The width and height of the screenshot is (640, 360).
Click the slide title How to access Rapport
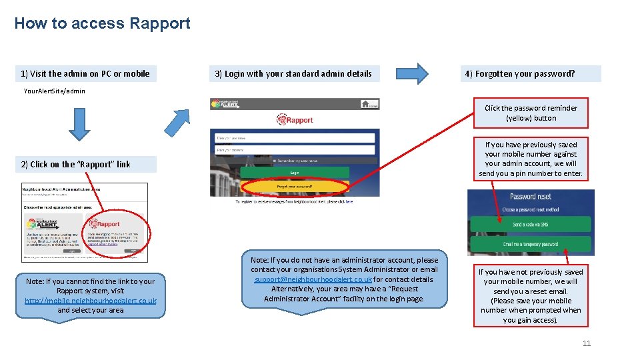102,24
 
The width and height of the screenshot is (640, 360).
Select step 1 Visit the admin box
85,73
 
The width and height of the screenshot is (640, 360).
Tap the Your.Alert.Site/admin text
55,91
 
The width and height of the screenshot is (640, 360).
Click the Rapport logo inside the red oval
106,224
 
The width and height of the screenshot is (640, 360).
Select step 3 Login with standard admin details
294,73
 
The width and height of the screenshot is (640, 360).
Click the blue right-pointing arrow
413,73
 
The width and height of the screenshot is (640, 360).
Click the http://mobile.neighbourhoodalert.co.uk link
91,301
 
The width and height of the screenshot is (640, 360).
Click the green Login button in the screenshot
295,173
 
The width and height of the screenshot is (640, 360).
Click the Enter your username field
295,138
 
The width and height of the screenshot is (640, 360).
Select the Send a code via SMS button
531,225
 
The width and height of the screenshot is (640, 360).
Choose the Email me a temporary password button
531,244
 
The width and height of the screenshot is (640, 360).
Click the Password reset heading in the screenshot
531,197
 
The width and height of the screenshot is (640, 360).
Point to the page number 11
587,343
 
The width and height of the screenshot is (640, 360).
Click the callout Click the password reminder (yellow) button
531,113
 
